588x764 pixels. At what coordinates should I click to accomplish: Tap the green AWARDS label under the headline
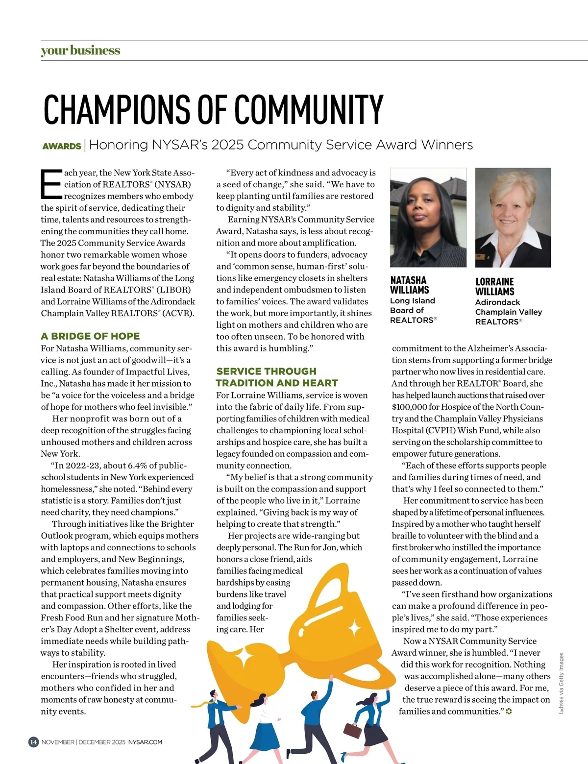61,146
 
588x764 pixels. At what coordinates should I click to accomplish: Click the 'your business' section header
80,50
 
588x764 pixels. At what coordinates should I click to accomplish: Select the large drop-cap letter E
51,184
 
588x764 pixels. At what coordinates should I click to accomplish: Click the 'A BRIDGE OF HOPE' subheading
90,336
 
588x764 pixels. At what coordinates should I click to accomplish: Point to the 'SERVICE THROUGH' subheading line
266,371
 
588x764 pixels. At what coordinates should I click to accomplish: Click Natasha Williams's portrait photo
428,218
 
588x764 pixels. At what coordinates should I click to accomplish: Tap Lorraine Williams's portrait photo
513,218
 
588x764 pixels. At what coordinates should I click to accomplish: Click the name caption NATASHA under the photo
408,280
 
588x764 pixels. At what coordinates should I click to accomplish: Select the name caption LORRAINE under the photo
494,282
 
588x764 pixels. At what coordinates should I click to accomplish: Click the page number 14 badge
33,742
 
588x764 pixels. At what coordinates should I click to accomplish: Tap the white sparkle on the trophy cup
354,628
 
